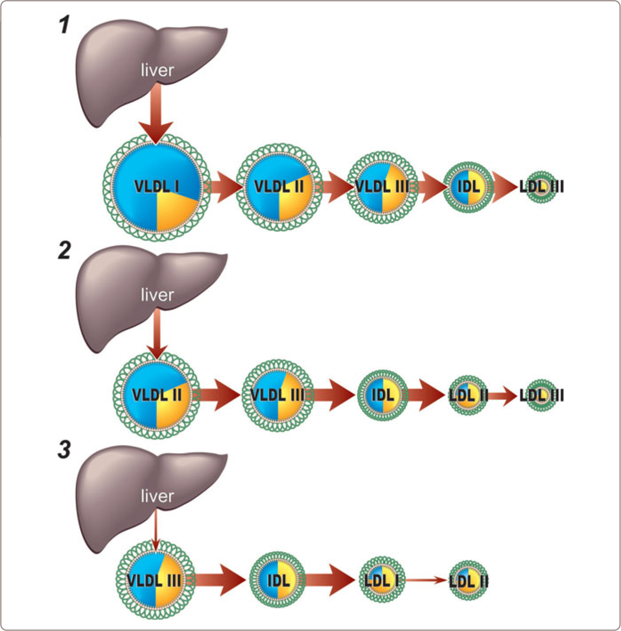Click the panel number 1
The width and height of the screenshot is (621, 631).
click(x=65, y=25)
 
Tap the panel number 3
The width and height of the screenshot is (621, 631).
click(x=65, y=449)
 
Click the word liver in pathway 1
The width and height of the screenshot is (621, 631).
click(x=157, y=70)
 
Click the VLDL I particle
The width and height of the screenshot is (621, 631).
click(x=156, y=187)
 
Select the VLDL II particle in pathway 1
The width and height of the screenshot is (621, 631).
click(x=279, y=187)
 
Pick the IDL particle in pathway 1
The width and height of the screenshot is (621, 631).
click(x=469, y=187)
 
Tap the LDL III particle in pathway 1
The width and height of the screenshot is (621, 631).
click(x=541, y=187)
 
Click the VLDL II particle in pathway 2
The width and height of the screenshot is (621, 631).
click(x=156, y=395)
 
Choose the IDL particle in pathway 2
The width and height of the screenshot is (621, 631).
click(x=383, y=395)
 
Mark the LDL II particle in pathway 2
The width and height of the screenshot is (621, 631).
click(x=468, y=395)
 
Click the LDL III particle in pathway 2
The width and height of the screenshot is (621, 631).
click(x=541, y=395)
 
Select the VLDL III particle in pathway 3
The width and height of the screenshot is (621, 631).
click(x=155, y=580)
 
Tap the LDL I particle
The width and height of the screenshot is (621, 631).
click(x=382, y=580)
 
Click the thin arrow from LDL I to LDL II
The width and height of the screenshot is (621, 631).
click(x=425, y=580)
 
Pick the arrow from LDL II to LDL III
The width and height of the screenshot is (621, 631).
click(x=504, y=395)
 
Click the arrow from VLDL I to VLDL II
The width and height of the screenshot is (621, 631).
click(x=225, y=187)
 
